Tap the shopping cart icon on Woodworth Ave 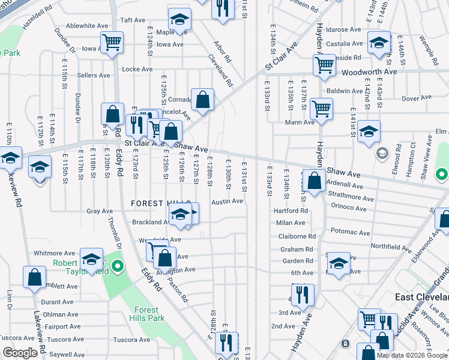324,64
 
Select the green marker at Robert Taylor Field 118,266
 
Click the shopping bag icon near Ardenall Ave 314,179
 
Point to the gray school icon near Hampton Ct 381,154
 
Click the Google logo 20,353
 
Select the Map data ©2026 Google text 411,355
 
